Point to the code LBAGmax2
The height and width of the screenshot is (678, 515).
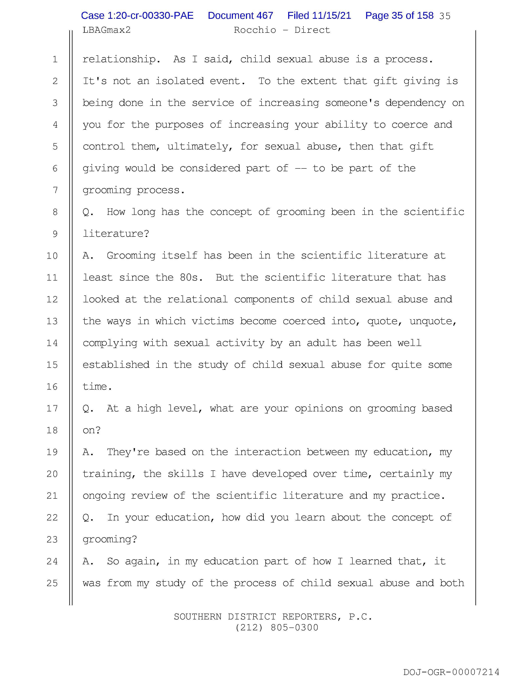click(x=106, y=30)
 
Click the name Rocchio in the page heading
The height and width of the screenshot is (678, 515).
click(x=255, y=30)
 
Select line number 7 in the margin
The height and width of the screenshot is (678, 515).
click(x=55, y=190)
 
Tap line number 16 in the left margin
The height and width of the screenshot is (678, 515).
click(x=52, y=387)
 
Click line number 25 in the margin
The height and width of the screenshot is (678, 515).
click(x=52, y=583)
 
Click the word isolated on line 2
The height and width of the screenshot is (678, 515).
click(x=179, y=81)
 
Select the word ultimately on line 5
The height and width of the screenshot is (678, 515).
click(x=198, y=146)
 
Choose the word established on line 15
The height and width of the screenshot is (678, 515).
click(x=116, y=365)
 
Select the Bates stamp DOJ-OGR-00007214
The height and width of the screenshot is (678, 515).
click(x=451, y=672)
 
